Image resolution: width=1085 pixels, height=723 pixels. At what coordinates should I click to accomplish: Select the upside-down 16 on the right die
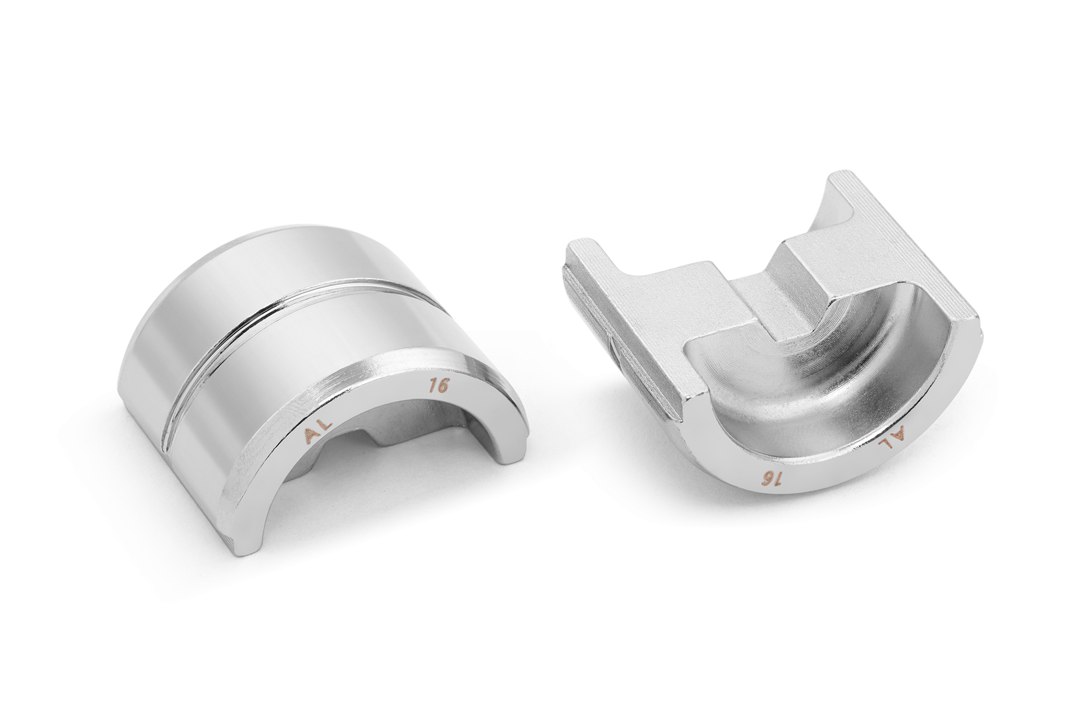769,479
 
